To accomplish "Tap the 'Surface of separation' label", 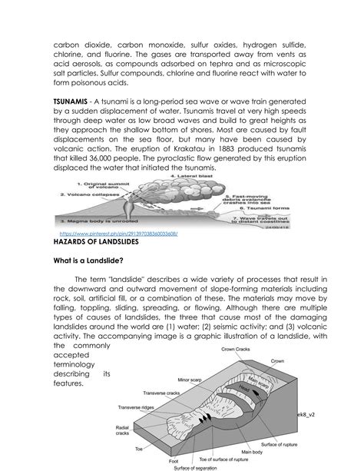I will point(196,467).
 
